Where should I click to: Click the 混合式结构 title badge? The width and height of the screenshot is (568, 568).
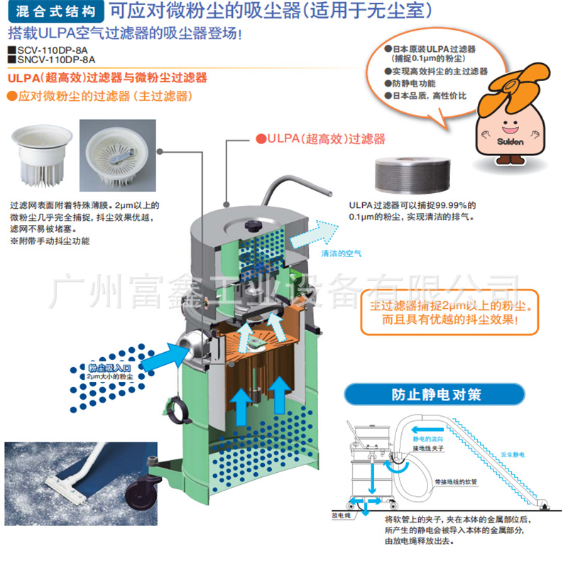55,11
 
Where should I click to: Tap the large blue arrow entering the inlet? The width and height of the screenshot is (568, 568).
155,353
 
